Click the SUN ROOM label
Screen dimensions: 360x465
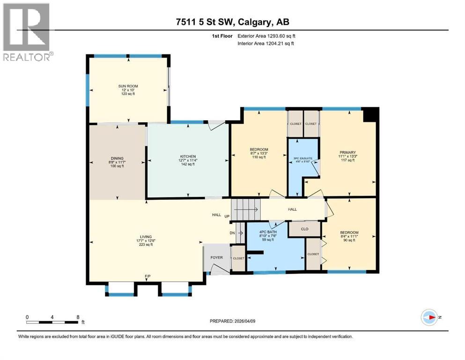(128, 86)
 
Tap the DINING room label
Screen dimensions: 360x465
(117, 158)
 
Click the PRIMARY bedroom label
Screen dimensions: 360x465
(347, 152)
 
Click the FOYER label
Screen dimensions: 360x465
(216, 257)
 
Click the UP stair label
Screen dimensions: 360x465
(227, 217)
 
